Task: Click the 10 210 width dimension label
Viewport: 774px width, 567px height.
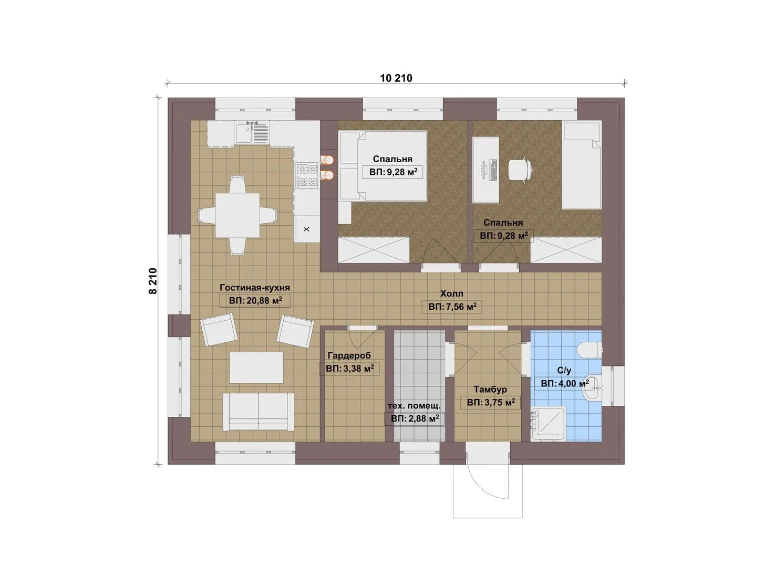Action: coord(396,78)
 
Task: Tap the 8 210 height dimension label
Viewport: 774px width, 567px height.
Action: coord(153,281)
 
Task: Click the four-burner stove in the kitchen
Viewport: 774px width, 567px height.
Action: coord(307,175)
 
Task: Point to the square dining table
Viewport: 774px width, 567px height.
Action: coord(238,215)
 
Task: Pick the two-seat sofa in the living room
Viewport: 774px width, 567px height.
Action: coord(258,412)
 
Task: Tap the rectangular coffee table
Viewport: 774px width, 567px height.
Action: coord(256,367)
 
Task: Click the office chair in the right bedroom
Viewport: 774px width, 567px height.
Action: coord(520,170)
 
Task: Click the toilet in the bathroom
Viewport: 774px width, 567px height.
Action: coord(590,350)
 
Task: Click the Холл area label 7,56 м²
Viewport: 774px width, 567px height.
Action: coord(452,307)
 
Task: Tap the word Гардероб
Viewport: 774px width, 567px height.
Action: coord(349,355)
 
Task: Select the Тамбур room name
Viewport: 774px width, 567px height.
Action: coord(490,390)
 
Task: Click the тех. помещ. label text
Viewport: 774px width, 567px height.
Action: coord(414,406)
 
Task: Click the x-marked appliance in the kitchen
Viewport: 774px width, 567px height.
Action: coord(306,229)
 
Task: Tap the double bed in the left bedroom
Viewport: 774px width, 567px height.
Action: coord(383,166)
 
